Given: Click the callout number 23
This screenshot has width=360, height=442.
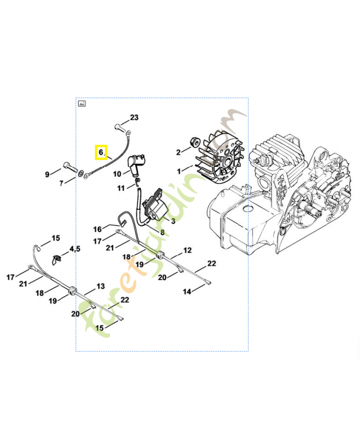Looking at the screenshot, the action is pyautogui.click(x=134, y=117).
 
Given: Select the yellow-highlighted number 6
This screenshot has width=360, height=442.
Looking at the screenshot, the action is pyautogui.click(x=101, y=152).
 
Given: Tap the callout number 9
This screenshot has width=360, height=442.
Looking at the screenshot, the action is pyautogui.click(x=47, y=175).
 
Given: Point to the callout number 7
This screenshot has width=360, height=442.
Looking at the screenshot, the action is pyautogui.click(x=61, y=183).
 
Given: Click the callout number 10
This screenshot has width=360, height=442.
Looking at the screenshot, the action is pyautogui.click(x=117, y=174).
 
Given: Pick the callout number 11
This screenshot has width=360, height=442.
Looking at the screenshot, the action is pyautogui.click(x=121, y=188).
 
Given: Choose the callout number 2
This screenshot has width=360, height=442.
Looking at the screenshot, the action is pyautogui.click(x=178, y=152).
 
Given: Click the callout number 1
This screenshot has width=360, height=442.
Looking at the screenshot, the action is pyautogui.click(x=179, y=171).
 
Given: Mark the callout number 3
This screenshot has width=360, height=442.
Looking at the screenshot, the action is pyautogui.click(x=173, y=221).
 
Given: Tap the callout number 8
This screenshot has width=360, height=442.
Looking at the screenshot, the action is pyautogui.click(x=162, y=232).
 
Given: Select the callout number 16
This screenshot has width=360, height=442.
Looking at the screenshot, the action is pyautogui.click(x=98, y=229).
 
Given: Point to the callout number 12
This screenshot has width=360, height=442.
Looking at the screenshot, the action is pyautogui.click(x=187, y=250).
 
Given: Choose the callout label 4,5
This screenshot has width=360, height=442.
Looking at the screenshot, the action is pyautogui.click(x=75, y=249).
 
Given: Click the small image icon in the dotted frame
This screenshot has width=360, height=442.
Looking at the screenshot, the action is pyautogui.click(x=82, y=103).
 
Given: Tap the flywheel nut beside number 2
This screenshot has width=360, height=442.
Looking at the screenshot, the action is pyautogui.click(x=194, y=141).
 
